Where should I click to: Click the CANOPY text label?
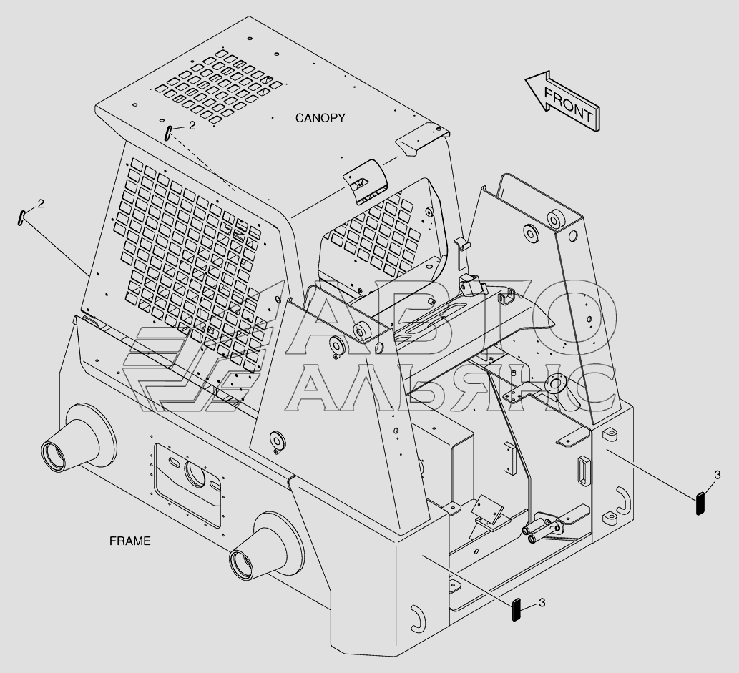coord(320,118)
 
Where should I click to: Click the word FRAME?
coord(129,541)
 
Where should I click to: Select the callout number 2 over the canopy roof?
coord(192,126)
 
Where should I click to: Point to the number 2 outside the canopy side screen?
coord(41,204)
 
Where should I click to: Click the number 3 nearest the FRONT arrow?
coord(717,474)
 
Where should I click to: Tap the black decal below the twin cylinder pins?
coord(516,610)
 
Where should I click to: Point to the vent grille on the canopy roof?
coord(215,86)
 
